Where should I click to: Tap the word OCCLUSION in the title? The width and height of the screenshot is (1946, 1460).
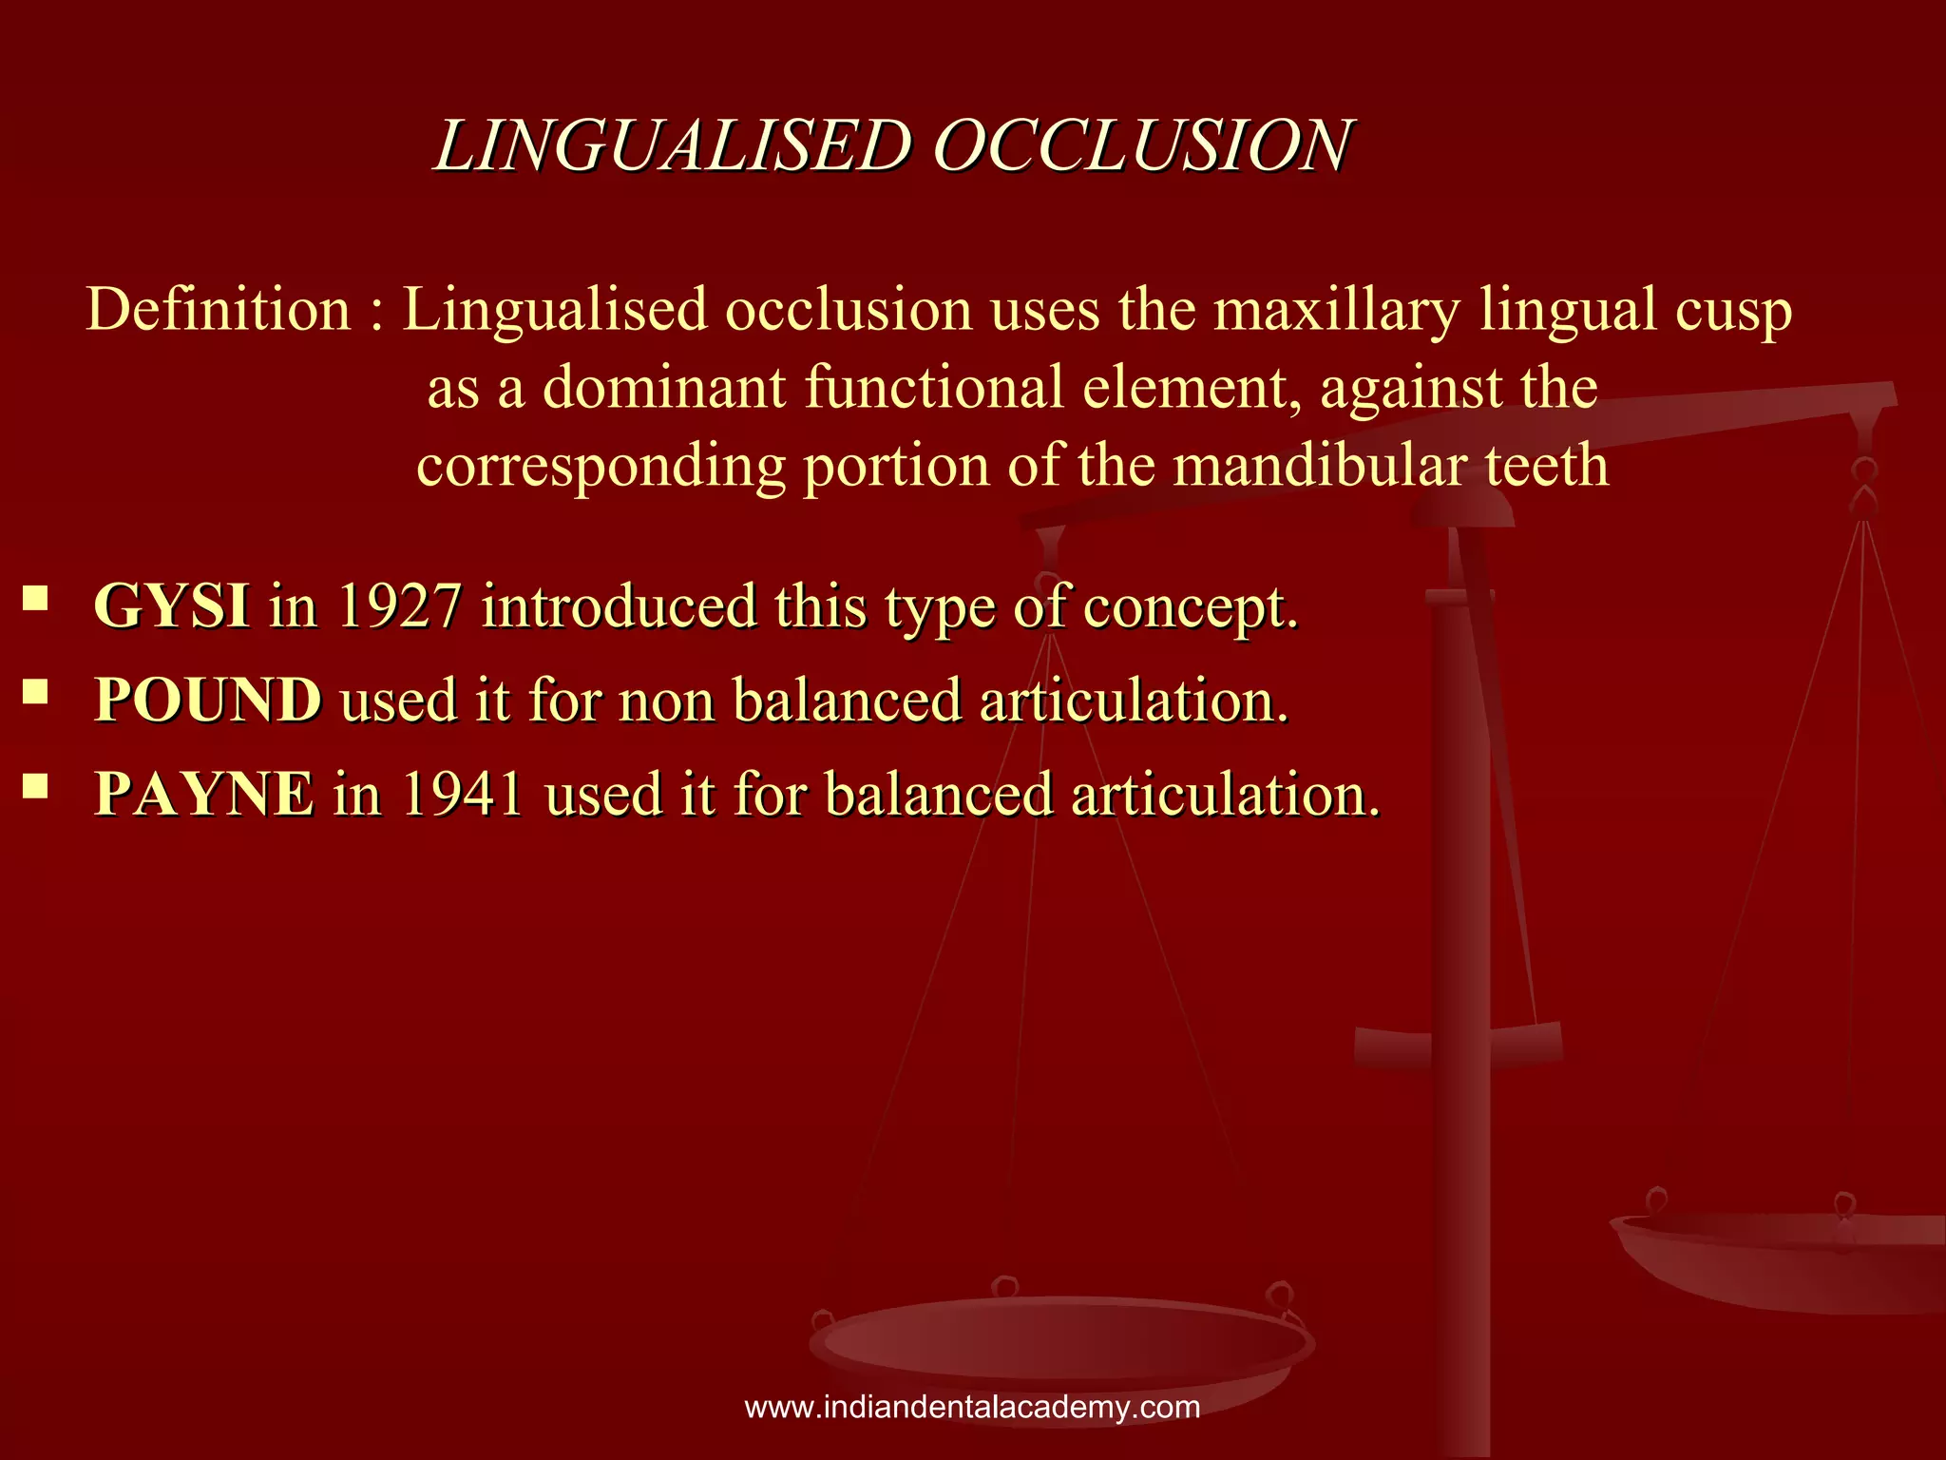click(x=1141, y=146)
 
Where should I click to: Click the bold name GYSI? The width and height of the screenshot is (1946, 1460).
click(x=172, y=605)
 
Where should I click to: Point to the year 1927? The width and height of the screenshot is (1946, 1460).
click(x=400, y=605)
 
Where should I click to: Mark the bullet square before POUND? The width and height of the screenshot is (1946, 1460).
click(x=36, y=691)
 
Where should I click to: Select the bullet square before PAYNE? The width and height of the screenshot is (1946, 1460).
click(x=36, y=784)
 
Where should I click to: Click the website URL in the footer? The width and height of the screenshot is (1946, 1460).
click(x=972, y=1407)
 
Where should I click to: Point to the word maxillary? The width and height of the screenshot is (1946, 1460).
click(x=1337, y=310)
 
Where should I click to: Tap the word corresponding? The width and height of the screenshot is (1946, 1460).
click(x=601, y=468)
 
